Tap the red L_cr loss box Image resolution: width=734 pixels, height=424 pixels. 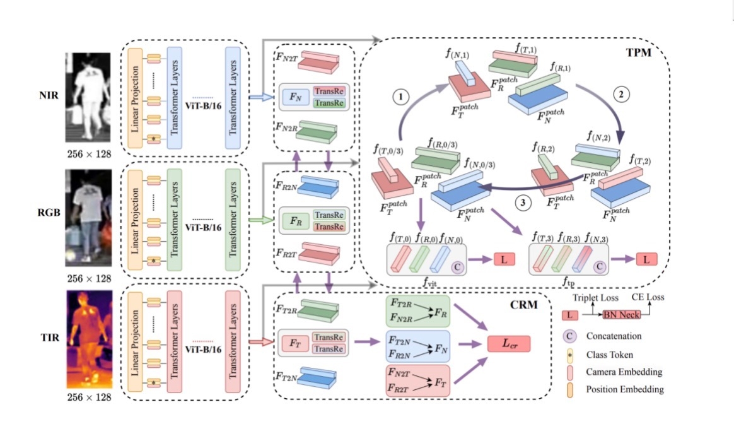[x=508, y=344]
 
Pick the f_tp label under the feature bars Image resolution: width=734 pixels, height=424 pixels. [x=569, y=284]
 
